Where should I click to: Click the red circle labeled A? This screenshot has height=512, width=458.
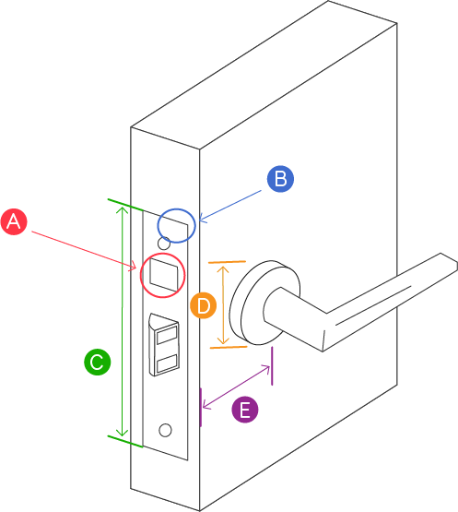click(x=14, y=221)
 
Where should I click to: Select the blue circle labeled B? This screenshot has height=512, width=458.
click(x=280, y=179)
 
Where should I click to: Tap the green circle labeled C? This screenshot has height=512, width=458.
click(x=97, y=362)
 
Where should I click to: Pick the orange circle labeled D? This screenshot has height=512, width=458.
click(x=204, y=305)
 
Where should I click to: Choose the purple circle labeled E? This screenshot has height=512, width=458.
click(x=245, y=410)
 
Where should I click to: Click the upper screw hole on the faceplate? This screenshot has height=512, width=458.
click(x=164, y=244)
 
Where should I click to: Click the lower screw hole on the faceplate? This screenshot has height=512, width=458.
click(x=165, y=430)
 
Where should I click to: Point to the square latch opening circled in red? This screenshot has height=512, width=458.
click(x=164, y=275)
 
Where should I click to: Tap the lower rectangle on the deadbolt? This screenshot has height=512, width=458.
click(x=167, y=363)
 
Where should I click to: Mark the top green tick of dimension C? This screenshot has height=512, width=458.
click(x=125, y=205)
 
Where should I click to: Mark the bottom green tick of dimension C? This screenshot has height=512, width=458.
click(x=125, y=441)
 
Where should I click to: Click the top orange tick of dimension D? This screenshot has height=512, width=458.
click(x=227, y=262)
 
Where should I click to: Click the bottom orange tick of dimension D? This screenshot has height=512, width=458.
click(x=229, y=347)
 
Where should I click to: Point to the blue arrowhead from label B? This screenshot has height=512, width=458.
click(x=202, y=219)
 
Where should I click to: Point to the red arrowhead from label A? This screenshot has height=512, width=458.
click(x=134, y=267)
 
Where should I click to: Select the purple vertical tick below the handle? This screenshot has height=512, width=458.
click(x=272, y=366)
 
